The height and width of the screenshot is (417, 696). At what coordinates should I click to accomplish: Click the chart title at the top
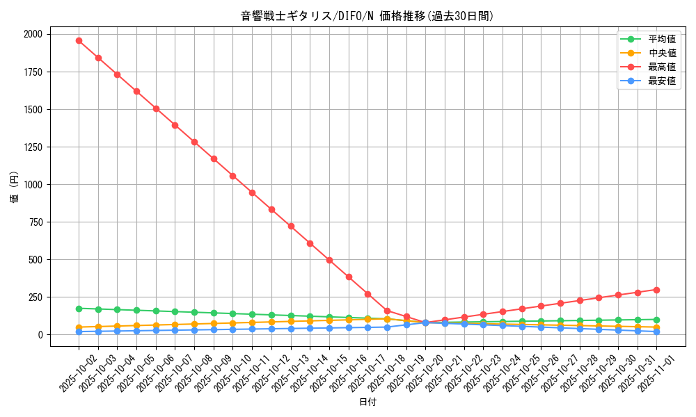[367, 16]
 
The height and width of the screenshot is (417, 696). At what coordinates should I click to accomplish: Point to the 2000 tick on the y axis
[33, 34]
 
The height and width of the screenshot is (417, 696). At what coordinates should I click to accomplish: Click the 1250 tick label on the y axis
[33, 147]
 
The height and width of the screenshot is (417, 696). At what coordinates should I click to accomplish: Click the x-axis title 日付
[367, 402]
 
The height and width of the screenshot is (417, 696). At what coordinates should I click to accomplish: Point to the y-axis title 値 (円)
[15, 188]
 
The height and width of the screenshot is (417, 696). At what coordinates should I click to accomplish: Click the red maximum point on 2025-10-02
[79, 40]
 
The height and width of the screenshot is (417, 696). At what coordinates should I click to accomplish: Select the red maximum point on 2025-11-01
[656, 290]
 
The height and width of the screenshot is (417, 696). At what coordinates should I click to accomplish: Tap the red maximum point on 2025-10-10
[232, 176]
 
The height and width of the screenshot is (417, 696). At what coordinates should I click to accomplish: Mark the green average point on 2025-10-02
[79, 309]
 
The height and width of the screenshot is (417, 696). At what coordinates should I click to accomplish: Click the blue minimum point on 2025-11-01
[656, 332]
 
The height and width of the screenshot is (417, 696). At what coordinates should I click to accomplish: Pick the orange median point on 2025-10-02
[79, 327]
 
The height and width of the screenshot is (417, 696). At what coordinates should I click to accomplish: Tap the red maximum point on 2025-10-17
[367, 294]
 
